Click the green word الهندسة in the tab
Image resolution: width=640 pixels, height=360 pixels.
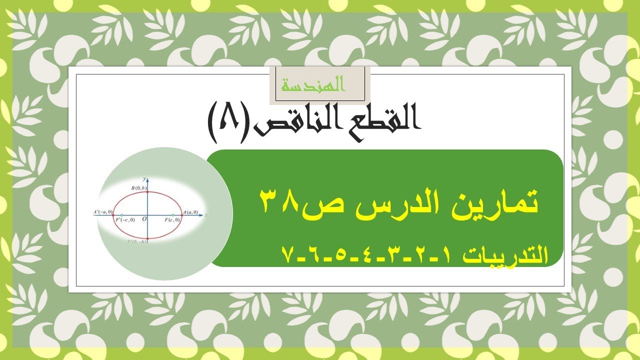[x=313, y=85]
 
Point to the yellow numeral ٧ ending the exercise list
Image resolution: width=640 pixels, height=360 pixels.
[x=287, y=255]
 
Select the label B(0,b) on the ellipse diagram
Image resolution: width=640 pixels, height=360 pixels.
[x=139, y=187]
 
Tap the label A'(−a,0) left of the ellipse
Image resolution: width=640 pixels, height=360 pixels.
[x=102, y=212]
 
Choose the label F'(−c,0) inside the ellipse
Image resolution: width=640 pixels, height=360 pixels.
[x=125, y=220]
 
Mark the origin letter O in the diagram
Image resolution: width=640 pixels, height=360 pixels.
[x=144, y=219]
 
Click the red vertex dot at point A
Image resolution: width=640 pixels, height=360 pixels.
[x=180, y=215]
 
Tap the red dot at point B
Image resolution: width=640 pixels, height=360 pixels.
[x=147, y=192]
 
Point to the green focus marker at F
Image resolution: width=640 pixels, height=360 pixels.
[x=172, y=215]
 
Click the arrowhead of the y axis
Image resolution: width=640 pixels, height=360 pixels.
[x=147, y=179]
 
